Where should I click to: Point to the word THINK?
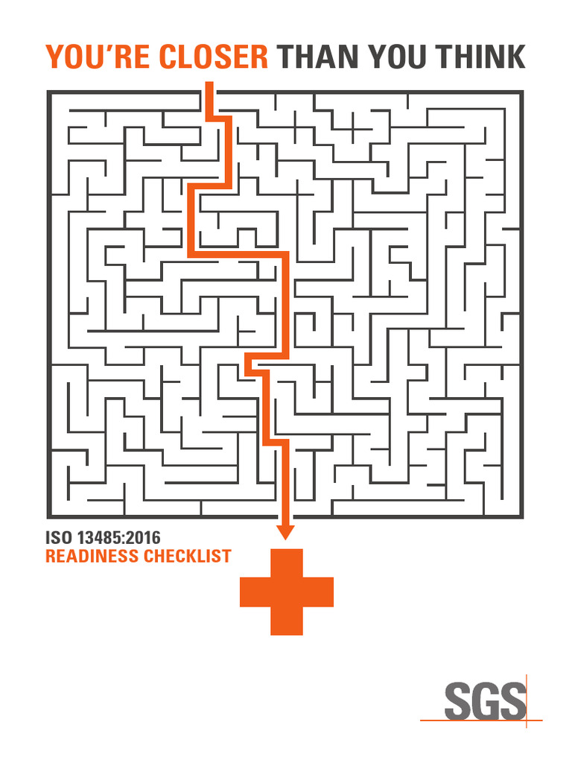482,57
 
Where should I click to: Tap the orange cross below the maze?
286,592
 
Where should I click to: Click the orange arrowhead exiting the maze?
285,531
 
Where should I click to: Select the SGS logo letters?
483,701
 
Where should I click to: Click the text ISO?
59,537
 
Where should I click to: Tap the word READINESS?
91,556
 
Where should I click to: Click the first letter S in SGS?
457,701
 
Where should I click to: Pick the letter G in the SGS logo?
484,701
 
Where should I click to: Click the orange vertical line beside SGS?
527,689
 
